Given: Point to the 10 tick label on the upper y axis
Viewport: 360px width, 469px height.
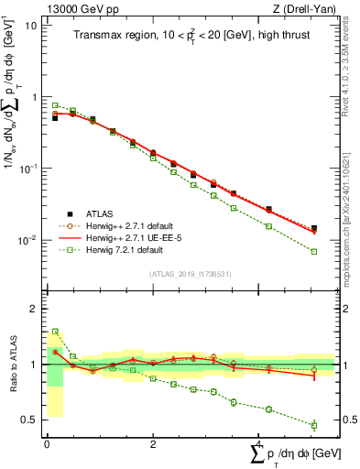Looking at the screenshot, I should [x=30, y=25].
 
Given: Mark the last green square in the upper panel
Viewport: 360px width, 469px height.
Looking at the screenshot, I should [x=314, y=251].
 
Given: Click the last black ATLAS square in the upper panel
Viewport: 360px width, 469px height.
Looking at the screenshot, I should [x=314, y=228].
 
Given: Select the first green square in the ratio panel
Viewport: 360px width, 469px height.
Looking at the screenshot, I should [x=55, y=332].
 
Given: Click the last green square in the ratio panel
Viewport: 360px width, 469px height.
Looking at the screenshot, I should [x=314, y=425].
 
